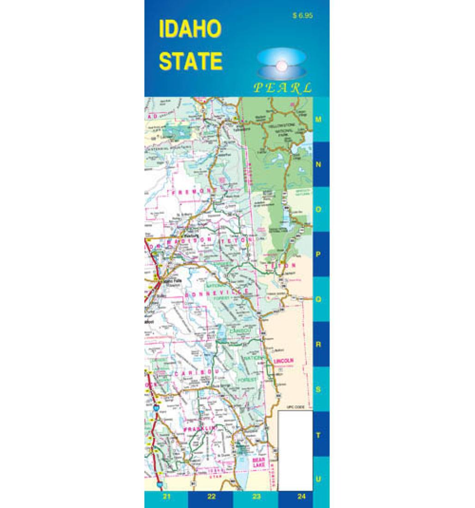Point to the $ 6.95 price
click(x=303, y=15)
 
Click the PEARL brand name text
click(x=282, y=88)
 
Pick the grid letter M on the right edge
click(x=318, y=119)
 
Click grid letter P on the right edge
click(x=318, y=254)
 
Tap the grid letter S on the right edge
click(x=318, y=389)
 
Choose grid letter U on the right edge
click(x=318, y=479)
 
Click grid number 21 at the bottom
click(x=167, y=497)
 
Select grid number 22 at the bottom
click(x=211, y=497)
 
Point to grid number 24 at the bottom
click(x=301, y=497)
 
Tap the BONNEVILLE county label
click(x=217, y=292)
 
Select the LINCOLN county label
click(x=284, y=360)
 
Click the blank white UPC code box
click(x=296, y=450)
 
